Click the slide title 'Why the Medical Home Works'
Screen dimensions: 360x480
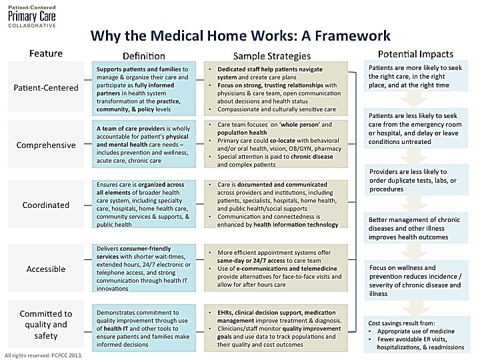click(240, 35)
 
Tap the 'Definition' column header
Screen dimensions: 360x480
click(143, 55)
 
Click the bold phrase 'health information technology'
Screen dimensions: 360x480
click(289, 224)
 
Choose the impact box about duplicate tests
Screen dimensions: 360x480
click(415, 180)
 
